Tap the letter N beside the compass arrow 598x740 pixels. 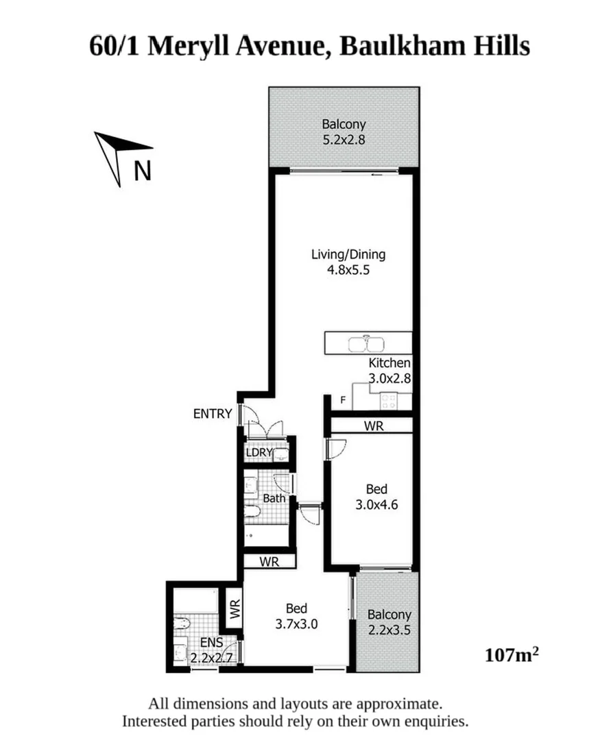(142, 170)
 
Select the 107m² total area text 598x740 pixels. (511, 655)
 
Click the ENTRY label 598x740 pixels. (213, 414)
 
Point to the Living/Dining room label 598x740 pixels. (348, 255)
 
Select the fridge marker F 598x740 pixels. (343, 400)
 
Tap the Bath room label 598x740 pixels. (274, 498)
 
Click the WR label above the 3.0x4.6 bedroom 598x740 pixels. (373, 426)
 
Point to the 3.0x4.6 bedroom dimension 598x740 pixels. (376, 506)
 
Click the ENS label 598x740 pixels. (210, 643)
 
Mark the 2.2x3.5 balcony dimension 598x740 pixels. (389, 631)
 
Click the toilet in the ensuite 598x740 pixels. (182, 624)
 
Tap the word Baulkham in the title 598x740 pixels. (383, 47)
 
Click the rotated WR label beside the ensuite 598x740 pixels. (235, 610)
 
